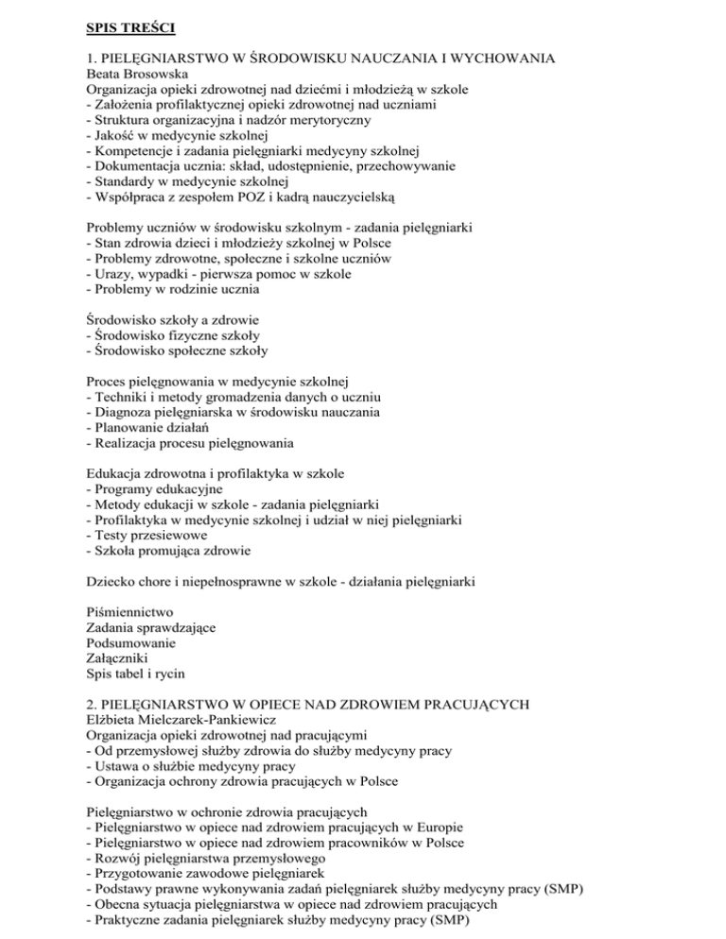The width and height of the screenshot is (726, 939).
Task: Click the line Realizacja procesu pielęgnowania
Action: pyautogui.click(x=190, y=444)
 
